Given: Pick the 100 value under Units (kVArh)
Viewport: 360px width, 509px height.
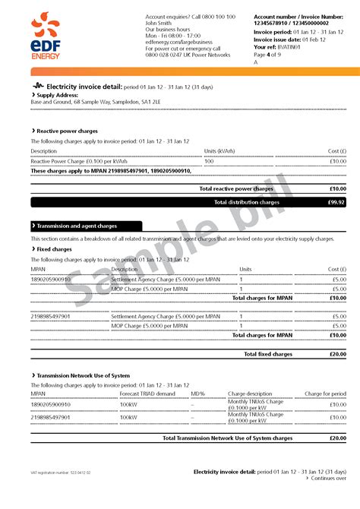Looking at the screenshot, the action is coord(210,161).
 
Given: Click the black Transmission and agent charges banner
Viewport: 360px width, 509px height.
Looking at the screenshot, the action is coord(87,226).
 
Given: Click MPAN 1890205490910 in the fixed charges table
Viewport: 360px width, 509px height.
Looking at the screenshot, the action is coord(50,279).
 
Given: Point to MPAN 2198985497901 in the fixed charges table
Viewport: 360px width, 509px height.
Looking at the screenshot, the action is coord(50,316).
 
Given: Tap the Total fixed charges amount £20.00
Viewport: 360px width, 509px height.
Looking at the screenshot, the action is coord(336,353).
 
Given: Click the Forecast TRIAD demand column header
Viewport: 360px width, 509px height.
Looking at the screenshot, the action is coord(147,394).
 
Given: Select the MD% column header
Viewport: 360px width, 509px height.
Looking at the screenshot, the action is coord(198,394).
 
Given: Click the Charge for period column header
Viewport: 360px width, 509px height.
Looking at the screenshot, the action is coord(325,394).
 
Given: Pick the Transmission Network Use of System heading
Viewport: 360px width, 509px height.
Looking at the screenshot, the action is coord(83,375).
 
